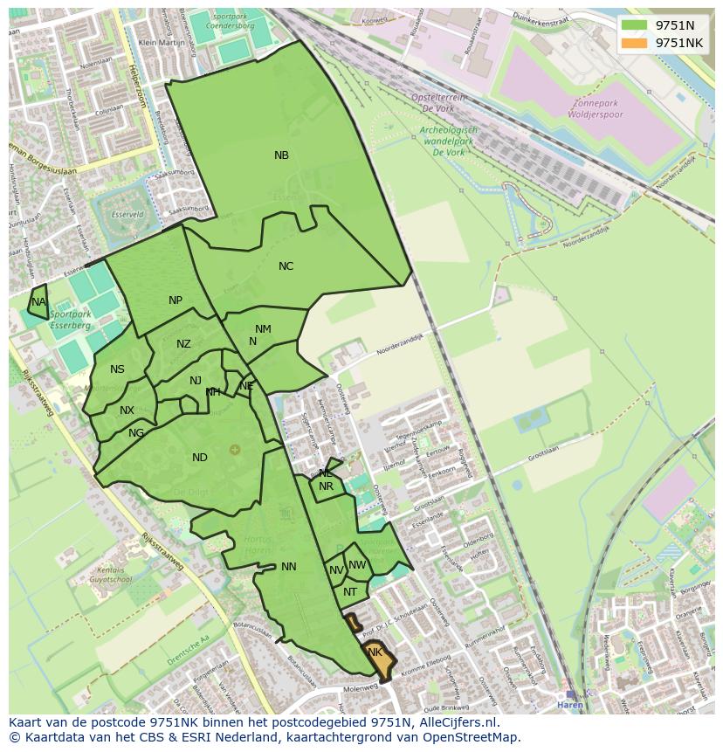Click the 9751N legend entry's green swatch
click(635, 25)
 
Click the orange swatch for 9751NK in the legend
click(635, 43)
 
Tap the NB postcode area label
click(281, 155)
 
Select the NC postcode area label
click(286, 266)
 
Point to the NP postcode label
click(176, 300)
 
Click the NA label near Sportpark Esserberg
click(38, 302)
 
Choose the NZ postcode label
click(183, 344)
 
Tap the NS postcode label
click(117, 369)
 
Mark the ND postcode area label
click(200, 458)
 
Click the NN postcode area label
click(289, 567)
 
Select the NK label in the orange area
click(375, 652)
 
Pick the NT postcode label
click(350, 592)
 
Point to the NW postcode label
click(357, 565)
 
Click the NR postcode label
click(326, 486)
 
